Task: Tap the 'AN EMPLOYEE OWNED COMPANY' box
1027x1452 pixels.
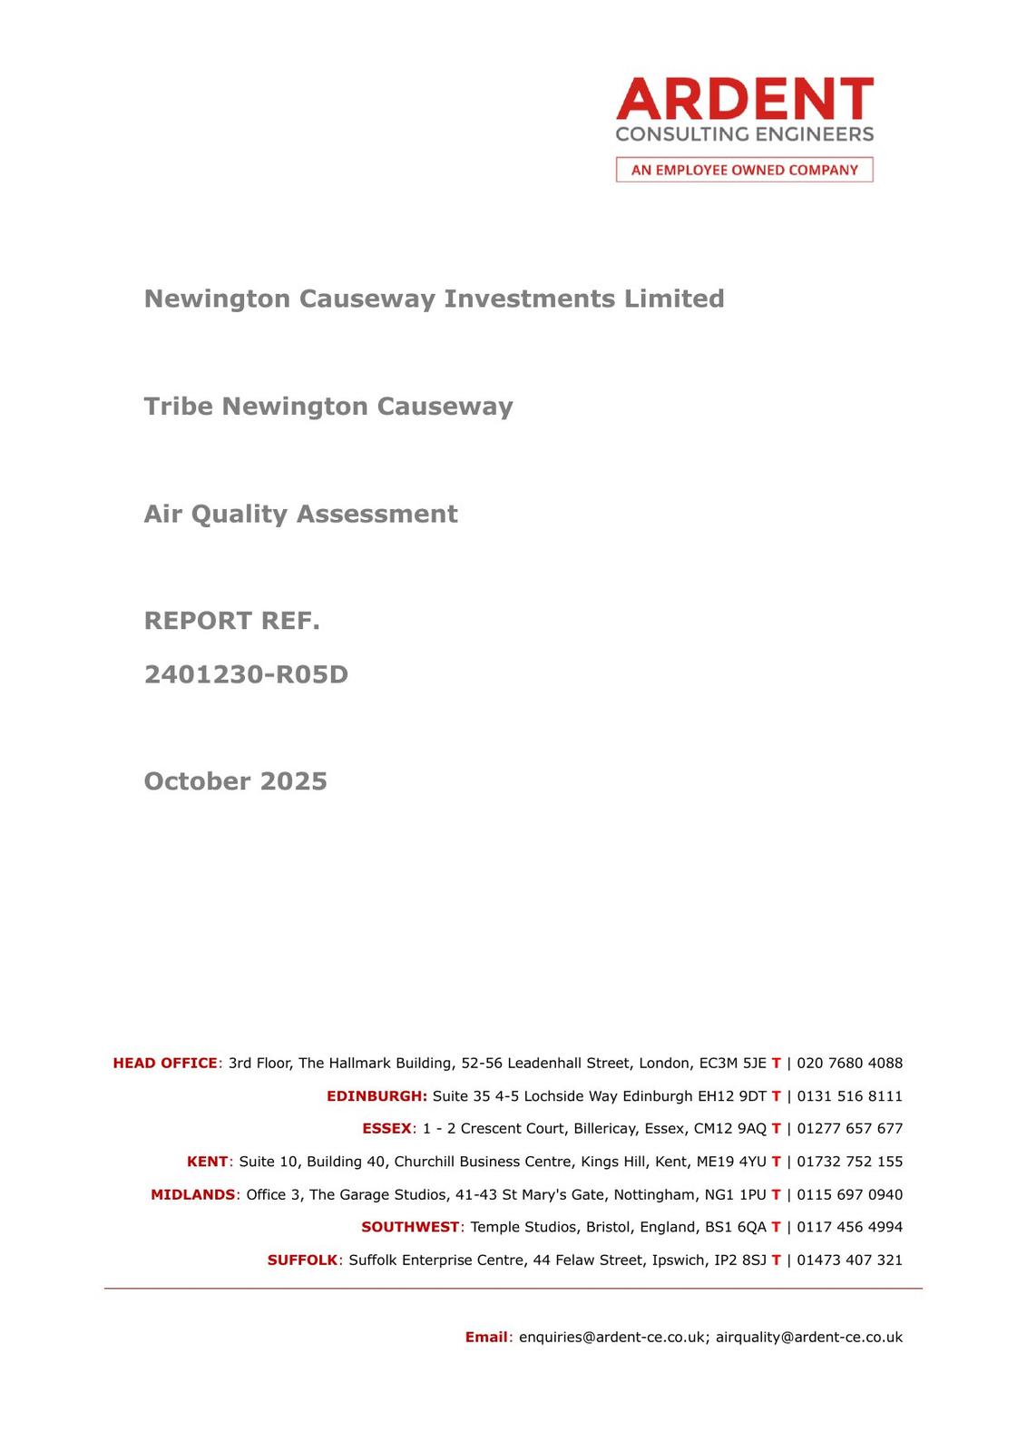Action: (744, 170)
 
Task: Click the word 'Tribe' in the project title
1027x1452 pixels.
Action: (179, 406)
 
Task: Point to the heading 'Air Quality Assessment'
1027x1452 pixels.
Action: (300, 514)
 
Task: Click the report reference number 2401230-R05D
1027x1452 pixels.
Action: (246, 674)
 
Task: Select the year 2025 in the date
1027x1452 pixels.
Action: (293, 781)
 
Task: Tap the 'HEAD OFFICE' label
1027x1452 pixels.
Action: (165, 1063)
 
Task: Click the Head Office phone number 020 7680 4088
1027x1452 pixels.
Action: (849, 1063)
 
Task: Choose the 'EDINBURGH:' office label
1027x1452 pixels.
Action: (377, 1095)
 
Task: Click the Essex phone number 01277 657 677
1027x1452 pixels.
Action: (849, 1128)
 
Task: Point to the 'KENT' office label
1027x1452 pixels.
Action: (207, 1162)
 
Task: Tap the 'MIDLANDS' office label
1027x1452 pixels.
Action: (192, 1194)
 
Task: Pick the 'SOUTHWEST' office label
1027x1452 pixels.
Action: (410, 1227)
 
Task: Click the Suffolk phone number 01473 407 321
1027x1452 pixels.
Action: (849, 1260)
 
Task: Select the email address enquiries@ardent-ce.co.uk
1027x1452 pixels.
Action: (612, 1337)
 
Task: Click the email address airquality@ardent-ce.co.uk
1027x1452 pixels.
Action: (809, 1337)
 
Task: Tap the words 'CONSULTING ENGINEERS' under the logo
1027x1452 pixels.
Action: (744, 134)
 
